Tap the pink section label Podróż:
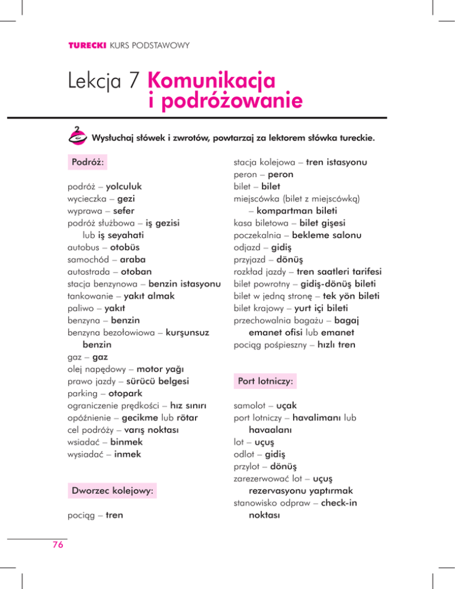pyautogui.click(x=88, y=162)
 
